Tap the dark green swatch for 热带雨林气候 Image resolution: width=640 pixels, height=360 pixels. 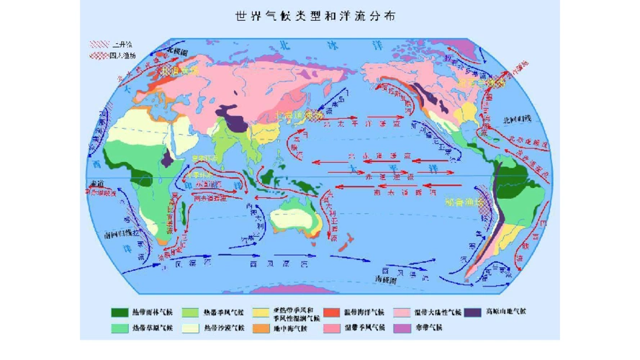click(120, 312)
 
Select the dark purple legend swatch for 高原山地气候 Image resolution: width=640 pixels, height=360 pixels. click(474, 312)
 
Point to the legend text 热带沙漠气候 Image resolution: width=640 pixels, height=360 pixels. click(225, 328)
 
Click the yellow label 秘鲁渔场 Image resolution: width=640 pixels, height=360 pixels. click(460, 204)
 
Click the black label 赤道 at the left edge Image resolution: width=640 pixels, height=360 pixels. click(99, 185)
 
